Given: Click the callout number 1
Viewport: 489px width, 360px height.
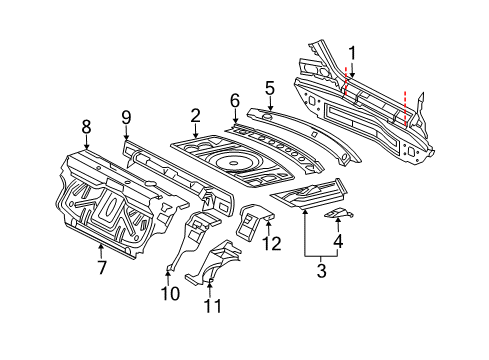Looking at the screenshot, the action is tap(352, 54).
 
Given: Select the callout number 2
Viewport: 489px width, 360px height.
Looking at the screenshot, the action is tap(195, 116).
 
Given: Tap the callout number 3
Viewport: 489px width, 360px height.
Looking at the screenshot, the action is tap(321, 270).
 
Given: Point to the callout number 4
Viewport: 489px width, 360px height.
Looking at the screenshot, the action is tap(338, 241).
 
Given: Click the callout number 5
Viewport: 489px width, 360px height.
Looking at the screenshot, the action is tap(270, 88).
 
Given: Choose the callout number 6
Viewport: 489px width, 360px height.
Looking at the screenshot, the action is tap(235, 101).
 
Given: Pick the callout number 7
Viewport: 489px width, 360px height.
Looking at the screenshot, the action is tap(101, 267).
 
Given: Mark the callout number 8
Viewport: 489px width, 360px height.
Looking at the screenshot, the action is tap(86, 127).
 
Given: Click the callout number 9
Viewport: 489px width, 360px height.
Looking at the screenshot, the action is tap(126, 117).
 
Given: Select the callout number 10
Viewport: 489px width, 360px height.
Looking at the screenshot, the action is tap(170, 293).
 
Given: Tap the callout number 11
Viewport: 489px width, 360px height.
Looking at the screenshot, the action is tap(212, 306).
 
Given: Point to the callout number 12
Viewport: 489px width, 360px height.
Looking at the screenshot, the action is tap(272, 243).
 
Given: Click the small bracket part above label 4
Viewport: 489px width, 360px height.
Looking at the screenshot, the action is tap(338, 213).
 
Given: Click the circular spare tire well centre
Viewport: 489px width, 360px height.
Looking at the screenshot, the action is tap(232, 163).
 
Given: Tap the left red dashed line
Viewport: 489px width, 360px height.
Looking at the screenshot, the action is tap(346, 80).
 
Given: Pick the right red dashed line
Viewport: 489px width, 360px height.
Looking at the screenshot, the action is tap(405, 108).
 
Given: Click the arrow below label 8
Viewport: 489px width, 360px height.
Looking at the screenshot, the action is tap(86, 142).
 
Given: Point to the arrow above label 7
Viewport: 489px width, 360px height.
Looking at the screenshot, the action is tap(101, 252).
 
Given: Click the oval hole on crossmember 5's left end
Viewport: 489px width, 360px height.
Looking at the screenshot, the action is tap(267, 116).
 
